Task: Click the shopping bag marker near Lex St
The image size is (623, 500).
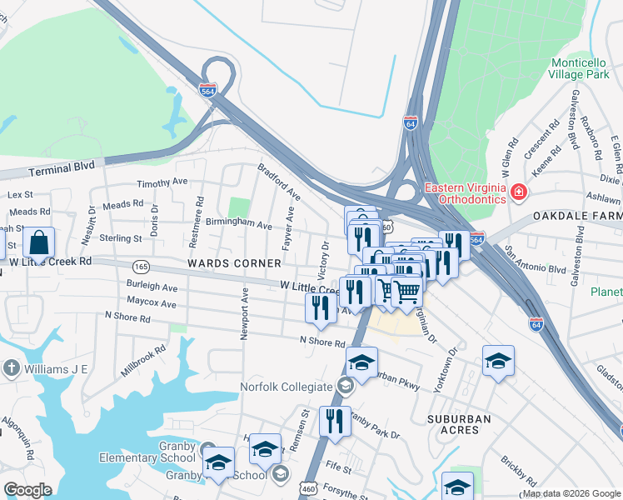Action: point(39,243)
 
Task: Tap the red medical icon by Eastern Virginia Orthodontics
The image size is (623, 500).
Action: point(519,193)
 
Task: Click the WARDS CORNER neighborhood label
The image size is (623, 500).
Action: point(234,263)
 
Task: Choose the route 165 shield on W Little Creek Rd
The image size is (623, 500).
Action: point(142,266)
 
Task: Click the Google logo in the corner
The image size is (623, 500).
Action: point(27,490)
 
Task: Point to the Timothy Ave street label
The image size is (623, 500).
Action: point(163,182)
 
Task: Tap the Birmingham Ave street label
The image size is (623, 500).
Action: point(239,225)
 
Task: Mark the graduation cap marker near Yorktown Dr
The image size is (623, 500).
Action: point(498,361)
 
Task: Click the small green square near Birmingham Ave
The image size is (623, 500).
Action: point(239,206)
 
